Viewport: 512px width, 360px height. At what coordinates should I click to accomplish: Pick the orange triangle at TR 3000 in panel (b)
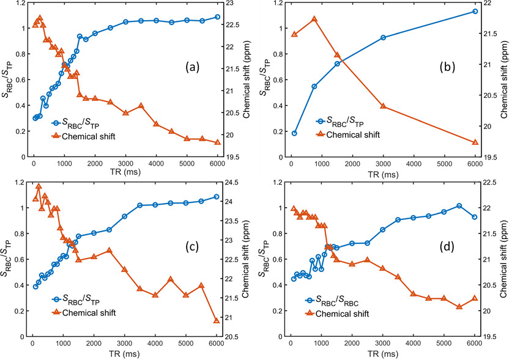pos(384,106)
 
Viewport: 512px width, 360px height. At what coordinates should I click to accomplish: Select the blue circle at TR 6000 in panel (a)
pos(217,17)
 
